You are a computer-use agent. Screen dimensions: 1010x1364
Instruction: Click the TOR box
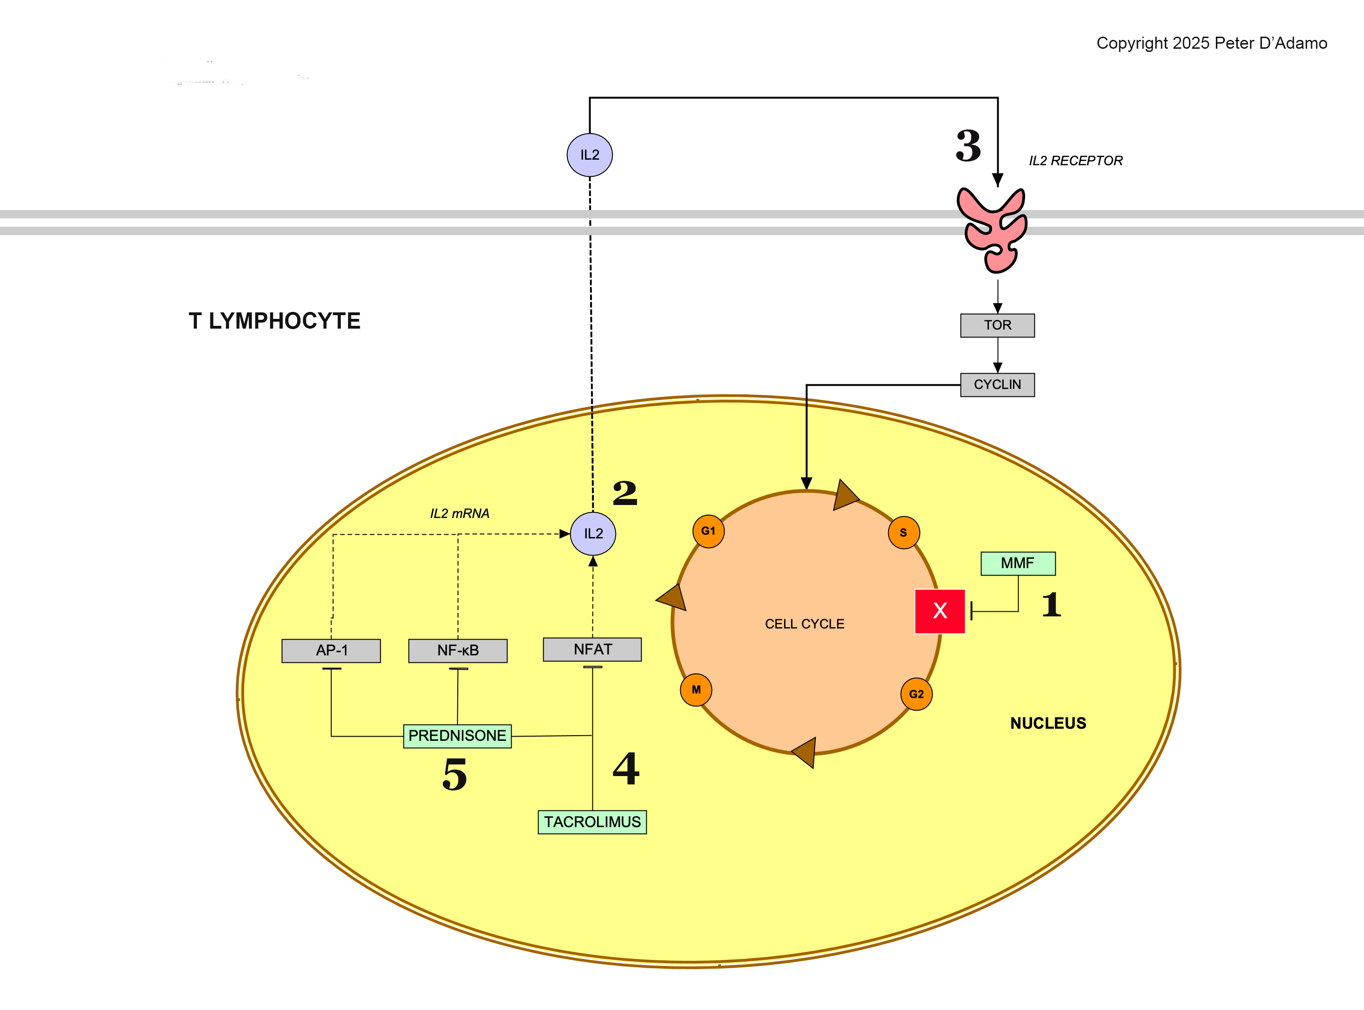tap(997, 325)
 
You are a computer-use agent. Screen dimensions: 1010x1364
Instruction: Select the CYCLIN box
tap(997, 385)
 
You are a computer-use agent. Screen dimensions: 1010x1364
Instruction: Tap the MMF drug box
tap(1017, 563)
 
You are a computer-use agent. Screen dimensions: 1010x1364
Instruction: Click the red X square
tap(940, 611)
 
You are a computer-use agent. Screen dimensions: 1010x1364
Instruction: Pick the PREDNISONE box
tap(457, 736)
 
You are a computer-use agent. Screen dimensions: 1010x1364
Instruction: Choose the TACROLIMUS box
tap(592, 822)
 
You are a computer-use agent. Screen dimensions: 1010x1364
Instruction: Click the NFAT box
tap(592, 649)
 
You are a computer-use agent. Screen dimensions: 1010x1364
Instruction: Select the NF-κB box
tap(457, 650)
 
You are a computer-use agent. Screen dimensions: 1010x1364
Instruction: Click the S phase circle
tap(903, 532)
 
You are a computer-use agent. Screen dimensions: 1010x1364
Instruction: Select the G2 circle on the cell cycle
tap(916, 694)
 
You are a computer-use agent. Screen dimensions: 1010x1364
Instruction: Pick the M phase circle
tap(696, 690)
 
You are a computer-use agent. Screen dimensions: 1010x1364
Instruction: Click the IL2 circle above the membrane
tap(589, 155)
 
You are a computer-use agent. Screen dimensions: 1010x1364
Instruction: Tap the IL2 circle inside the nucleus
tap(592, 534)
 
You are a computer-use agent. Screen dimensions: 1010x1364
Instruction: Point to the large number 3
tap(968, 146)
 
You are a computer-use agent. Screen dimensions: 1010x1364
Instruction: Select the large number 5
tap(455, 774)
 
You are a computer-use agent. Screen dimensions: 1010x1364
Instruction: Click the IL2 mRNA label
tap(460, 513)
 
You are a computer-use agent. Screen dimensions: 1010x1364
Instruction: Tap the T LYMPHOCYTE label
tap(274, 321)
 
